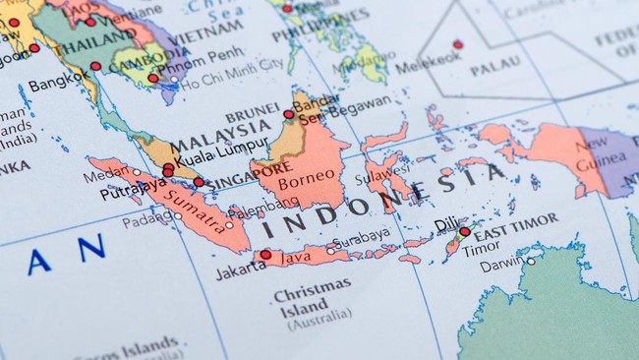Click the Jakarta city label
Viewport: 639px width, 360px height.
(240, 270)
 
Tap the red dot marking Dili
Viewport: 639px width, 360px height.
(464, 232)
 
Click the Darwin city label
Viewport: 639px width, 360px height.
(501, 263)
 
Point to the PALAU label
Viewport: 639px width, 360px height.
(494, 71)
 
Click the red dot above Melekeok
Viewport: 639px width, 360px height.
(457, 44)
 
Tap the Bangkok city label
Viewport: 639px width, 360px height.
(58, 86)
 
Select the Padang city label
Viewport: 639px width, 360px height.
(148, 221)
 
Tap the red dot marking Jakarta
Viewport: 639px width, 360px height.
(265, 255)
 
